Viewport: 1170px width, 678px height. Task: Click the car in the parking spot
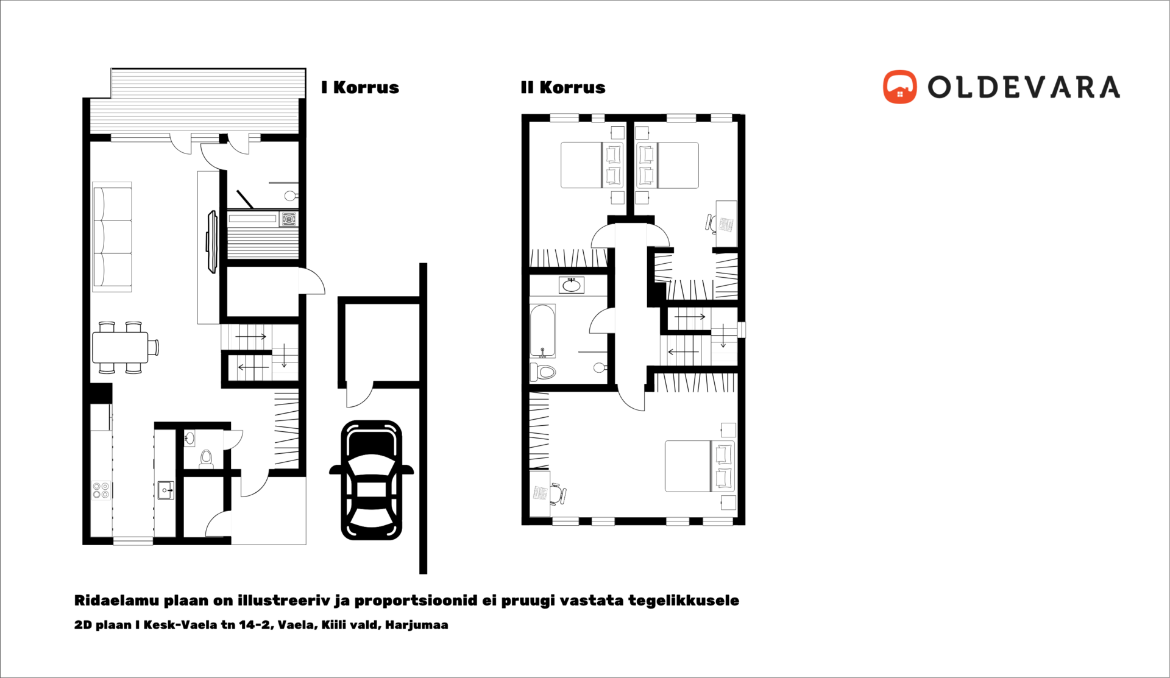coord(372,480)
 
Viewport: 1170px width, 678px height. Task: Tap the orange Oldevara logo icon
coord(899,87)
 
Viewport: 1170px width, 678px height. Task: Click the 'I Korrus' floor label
coord(360,88)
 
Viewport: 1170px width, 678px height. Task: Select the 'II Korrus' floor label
coord(563,88)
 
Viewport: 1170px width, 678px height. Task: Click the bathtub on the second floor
coord(542,330)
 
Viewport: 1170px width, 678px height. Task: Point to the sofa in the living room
coord(112,237)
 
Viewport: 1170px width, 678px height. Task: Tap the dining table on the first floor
coord(121,347)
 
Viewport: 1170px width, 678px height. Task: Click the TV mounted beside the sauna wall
coord(211,242)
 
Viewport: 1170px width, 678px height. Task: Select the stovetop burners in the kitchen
coord(101,490)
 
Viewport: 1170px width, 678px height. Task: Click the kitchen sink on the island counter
coord(166,490)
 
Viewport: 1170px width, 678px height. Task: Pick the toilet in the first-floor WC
coord(206,459)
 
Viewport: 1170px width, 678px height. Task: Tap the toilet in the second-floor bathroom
coord(543,371)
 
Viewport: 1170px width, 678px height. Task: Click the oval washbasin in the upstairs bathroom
coord(572,285)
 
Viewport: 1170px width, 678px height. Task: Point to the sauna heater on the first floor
coord(288,219)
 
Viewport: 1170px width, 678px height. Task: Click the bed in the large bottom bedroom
coord(700,466)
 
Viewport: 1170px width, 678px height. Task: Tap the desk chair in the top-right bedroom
coord(711,223)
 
